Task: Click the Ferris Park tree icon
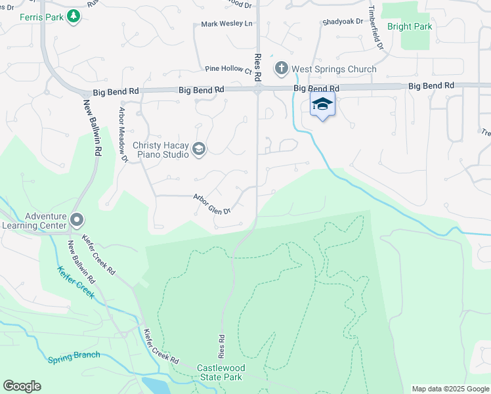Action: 74,15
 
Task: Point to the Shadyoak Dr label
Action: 343,22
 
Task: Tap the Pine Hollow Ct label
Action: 228,69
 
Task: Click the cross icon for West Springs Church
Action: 282,68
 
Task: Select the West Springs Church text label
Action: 334,69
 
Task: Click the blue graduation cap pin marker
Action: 322,104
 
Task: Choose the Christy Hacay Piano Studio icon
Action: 198,150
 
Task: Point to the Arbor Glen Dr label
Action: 212,204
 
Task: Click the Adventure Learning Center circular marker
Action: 77,219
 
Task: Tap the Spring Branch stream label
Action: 74,357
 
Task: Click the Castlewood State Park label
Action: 220,372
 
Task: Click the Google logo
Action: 22,386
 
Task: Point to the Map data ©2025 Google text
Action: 450,389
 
